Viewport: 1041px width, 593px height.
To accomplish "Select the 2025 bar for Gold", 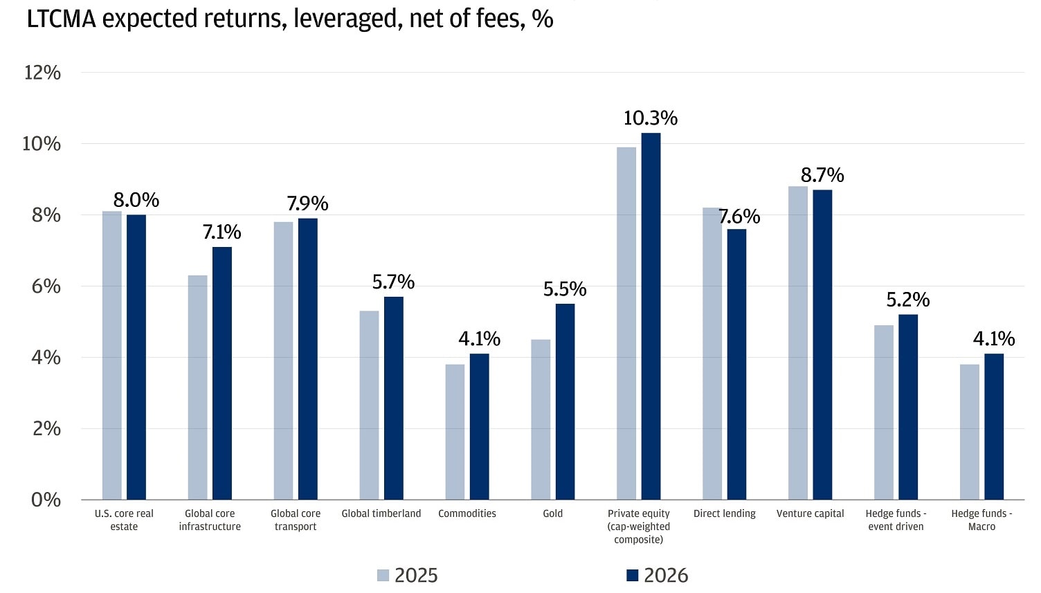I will tap(541, 419).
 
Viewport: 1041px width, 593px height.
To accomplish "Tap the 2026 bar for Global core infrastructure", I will tap(222, 373).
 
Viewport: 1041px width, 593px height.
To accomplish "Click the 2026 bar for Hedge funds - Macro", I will tap(994, 426).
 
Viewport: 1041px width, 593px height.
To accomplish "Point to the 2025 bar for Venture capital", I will tap(798, 343).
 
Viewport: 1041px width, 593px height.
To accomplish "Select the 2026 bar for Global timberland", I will tap(394, 398).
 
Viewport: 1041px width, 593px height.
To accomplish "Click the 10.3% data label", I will tap(650, 118).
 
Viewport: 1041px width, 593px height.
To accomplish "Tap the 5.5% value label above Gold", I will tap(565, 289).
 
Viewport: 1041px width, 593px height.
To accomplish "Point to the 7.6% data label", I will tap(739, 217).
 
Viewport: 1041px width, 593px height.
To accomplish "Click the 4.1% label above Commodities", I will tap(479, 339).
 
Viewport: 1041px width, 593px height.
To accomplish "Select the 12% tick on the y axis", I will tap(43, 73).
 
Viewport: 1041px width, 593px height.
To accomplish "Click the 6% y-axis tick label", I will tap(46, 286).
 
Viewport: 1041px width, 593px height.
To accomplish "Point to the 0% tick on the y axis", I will tap(46, 500).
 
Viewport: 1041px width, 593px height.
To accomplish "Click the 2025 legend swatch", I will tap(383, 575).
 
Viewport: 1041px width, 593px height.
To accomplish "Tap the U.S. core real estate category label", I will tap(124, 520).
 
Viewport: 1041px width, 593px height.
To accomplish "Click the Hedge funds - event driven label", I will tap(896, 520).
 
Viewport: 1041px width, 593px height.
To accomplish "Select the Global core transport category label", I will tap(296, 520).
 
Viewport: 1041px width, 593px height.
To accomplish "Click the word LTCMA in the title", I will tap(62, 19).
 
